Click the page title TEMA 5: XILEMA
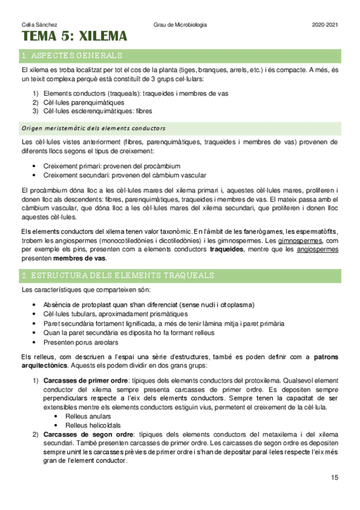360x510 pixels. click(75, 37)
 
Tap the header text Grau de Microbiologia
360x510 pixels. click(180, 25)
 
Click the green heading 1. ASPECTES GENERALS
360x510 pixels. click(71, 56)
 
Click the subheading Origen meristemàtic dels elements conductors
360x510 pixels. click(93, 128)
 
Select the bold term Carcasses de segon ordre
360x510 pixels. click(87, 434)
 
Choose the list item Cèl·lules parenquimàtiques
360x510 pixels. click(84, 102)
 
